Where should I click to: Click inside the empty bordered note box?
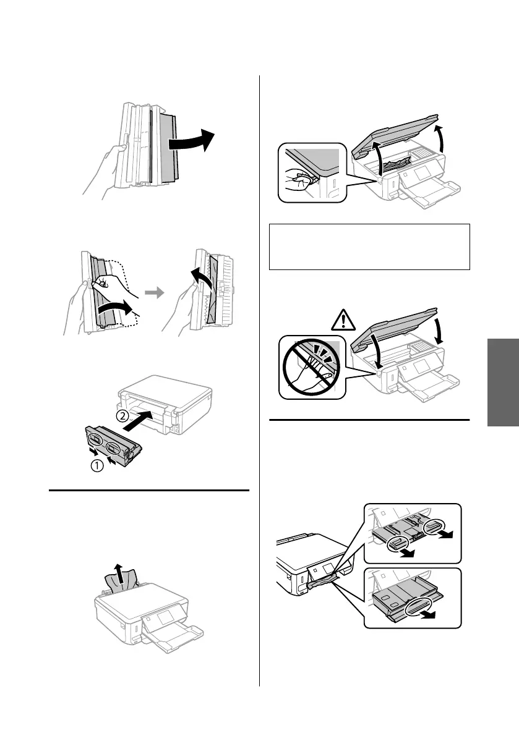click(369, 247)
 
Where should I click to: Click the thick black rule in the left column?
click(148, 491)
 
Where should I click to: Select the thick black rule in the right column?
click(369, 421)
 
